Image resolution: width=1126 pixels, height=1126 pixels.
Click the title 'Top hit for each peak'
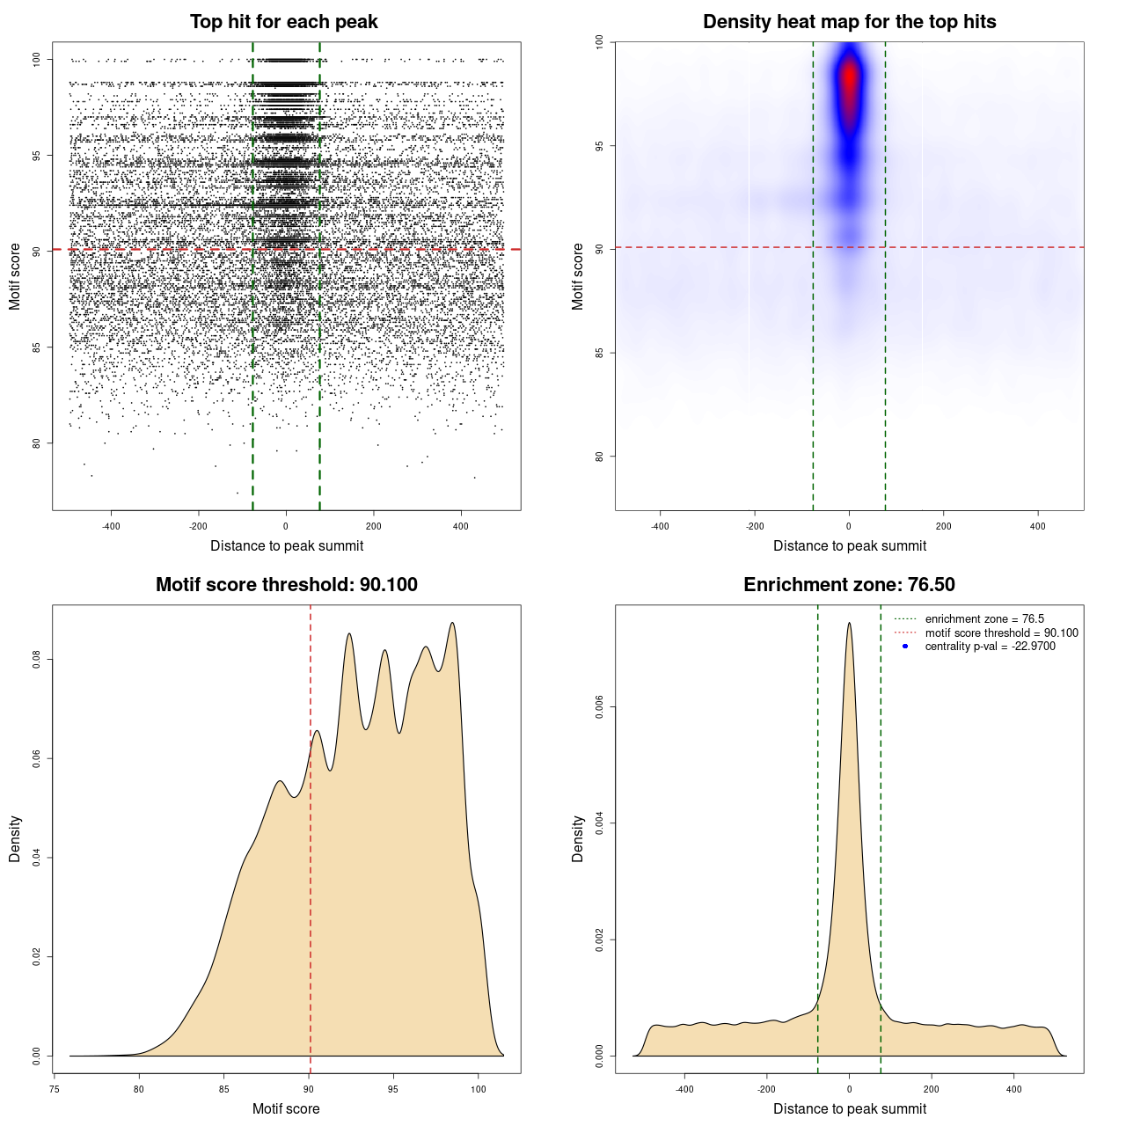[x=283, y=22]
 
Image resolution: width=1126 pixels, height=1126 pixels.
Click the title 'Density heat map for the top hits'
[x=849, y=22]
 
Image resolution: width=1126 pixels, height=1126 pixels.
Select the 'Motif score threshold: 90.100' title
[x=286, y=585]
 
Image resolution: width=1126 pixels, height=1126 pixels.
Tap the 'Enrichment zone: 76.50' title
[x=849, y=585]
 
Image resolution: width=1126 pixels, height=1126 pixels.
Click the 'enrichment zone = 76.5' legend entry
[x=984, y=619]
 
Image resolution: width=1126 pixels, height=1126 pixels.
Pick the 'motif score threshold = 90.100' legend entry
[x=1001, y=633]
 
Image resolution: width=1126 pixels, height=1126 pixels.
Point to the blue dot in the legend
[x=905, y=647]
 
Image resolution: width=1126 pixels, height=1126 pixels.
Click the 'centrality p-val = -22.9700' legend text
[x=990, y=647]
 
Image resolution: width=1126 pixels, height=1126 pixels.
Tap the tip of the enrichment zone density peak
[x=849, y=624]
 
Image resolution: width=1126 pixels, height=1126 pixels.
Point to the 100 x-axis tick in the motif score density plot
[x=478, y=1089]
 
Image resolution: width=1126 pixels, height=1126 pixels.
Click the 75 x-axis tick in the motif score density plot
[x=55, y=1089]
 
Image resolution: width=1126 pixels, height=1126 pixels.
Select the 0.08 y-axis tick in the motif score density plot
[x=36, y=659]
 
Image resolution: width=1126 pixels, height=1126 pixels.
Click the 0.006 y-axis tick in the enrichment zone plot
[x=599, y=706]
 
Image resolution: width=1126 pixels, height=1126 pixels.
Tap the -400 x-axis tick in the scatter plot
[x=111, y=526]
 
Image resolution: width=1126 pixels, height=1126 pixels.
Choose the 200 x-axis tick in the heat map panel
[x=944, y=526]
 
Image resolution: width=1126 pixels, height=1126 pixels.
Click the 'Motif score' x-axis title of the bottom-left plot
[x=286, y=1108]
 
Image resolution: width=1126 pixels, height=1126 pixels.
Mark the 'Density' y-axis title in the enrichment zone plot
[x=578, y=838]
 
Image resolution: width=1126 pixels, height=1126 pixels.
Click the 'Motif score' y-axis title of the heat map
[x=578, y=276]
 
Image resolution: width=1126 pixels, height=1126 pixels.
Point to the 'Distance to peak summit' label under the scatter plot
[x=287, y=545]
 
